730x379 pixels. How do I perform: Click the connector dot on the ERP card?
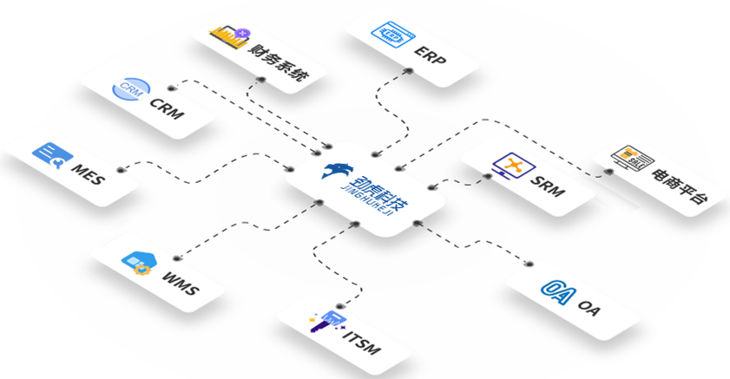pyautogui.click(x=409, y=71)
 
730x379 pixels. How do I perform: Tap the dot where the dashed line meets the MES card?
pyautogui.click(x=121, y=170)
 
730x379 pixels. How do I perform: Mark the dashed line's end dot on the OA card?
pyautogui.click(x=529, y=265)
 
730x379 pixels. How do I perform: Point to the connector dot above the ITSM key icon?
pyautogui.click(x=340, y=306)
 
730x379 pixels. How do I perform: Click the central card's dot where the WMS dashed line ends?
pyautogui.click(x=319, y=202)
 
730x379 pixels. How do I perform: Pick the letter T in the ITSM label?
pyautogui.click(x=353, y=339)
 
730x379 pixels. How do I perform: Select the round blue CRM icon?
pyautogui.click(x=131, y=88)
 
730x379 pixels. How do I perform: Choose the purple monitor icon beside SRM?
pyautogui.click(x=513, y=166)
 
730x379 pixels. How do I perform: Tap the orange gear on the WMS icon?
pyautogui.click(x=140, y=269)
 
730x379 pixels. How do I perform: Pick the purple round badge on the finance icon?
pyautogui.click(x=242, y=33)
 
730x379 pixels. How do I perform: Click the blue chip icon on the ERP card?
pyautogui.click(x=393, y=34)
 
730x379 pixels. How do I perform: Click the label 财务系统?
pyautogui.click(x=278, y=62)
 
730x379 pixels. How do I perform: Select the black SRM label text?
pyautogui.click(x=548, y=186)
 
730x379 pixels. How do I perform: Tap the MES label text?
pyautogui.click(x=88, y=174)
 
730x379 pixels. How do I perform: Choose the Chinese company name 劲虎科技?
pyautogui.click(x=380, y=192)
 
